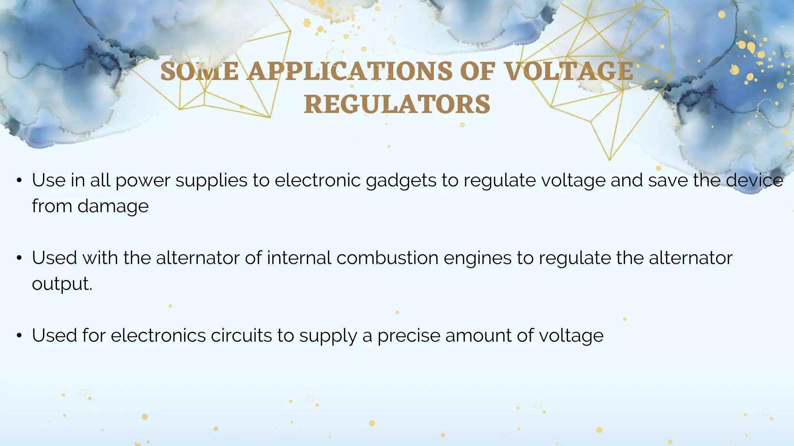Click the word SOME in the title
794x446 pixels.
(199, 72)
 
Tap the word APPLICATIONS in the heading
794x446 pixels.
(350, 72)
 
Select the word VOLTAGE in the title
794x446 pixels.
(569, 72)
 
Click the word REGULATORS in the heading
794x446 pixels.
(397, 105)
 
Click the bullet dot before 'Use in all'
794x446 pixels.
(19, 180)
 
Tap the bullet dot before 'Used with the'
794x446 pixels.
(19, 258)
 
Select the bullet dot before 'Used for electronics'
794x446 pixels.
(19, 336)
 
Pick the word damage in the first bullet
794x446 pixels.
(113, 207)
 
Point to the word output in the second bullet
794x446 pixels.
(61, 284)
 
